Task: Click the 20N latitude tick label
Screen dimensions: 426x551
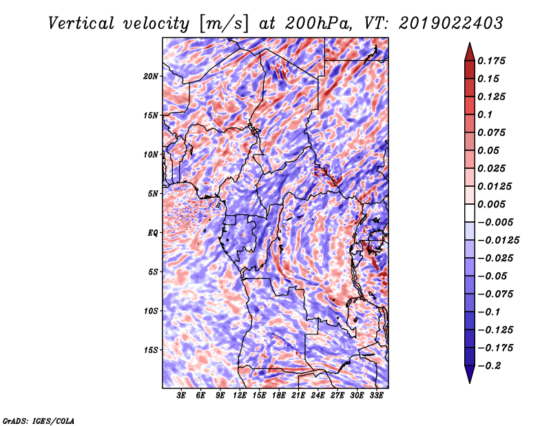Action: [x=151, y=76]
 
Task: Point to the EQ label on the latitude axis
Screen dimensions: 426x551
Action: [x=152, y=233]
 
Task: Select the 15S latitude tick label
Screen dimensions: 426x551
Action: [x=151, y=350]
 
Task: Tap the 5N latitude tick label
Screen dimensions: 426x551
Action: [x=152, y=194]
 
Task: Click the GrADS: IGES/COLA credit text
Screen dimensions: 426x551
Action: [x=39, y=420]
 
